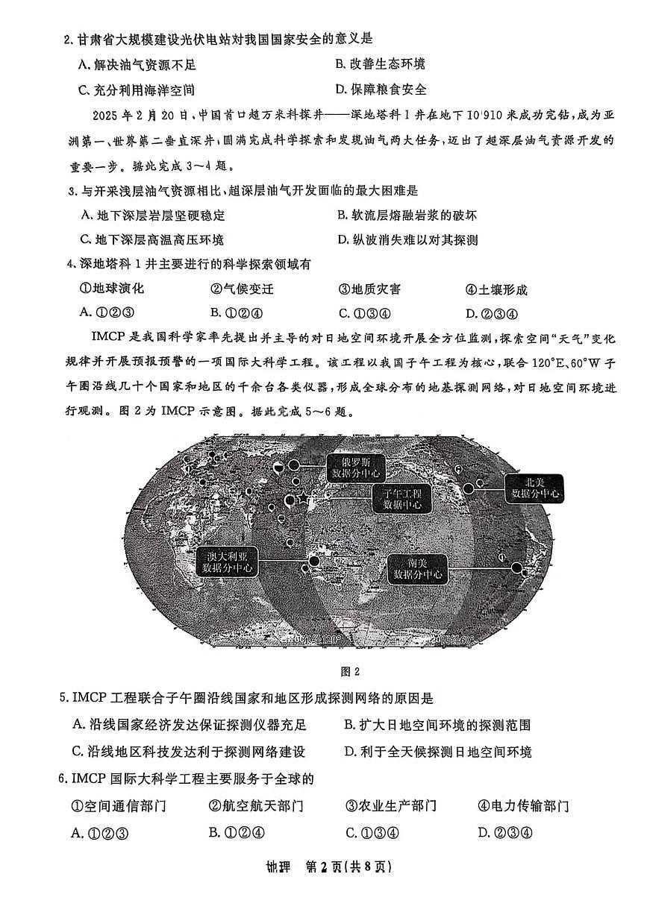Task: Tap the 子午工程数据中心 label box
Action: [402, 499]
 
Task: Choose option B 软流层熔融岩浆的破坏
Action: [407, 216]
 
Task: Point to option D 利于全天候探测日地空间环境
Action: [437, 752]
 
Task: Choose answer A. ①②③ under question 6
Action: [100, 833]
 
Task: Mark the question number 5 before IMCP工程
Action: [63, 699]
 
